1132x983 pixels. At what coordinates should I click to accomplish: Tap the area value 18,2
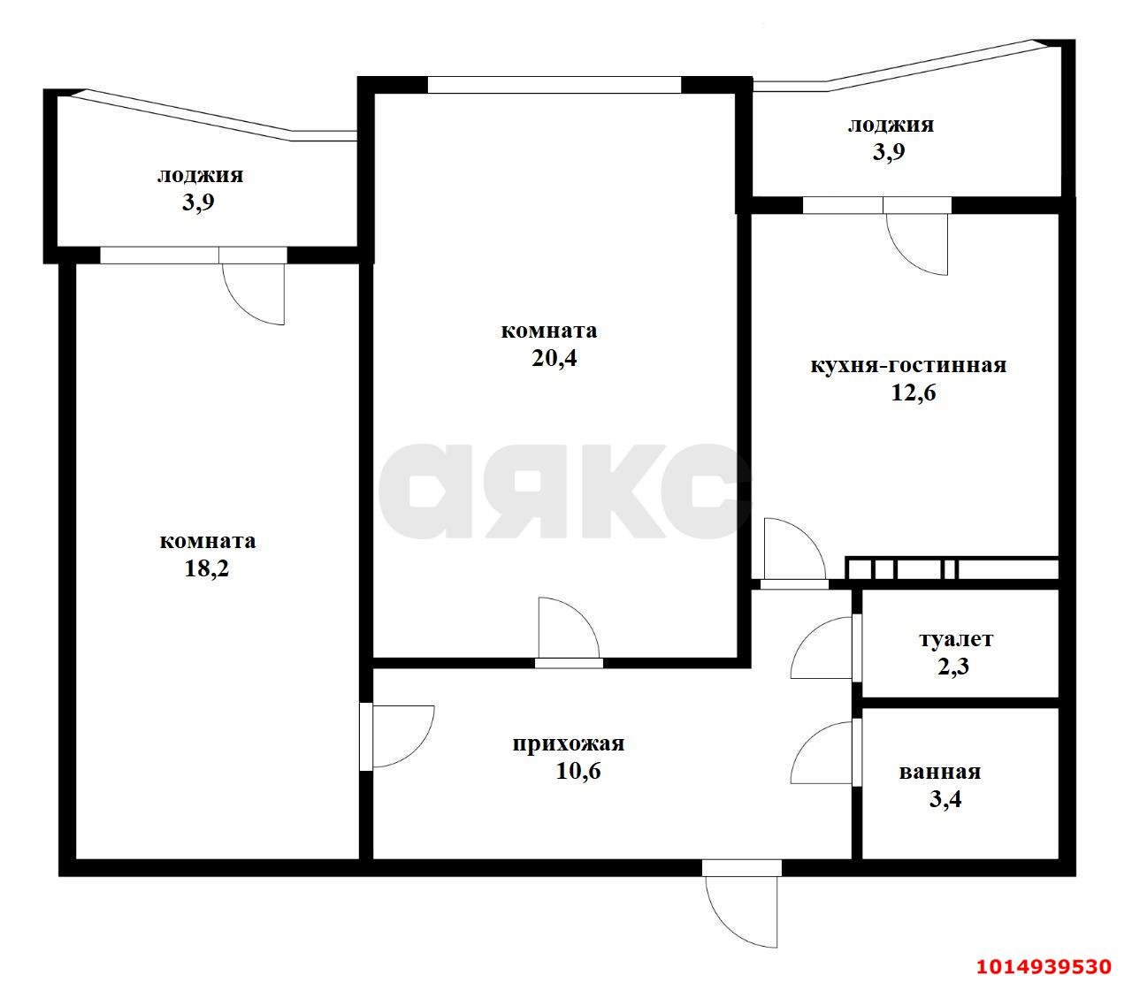click(x=207, y=568)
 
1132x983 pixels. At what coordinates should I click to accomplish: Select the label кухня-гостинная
click(x=908, y=365)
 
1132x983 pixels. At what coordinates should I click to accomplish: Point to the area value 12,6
click(x=912, y=392)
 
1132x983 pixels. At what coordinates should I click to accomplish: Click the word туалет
click(x=956, y=639)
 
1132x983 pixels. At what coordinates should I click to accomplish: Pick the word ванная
click(x=939, y=772)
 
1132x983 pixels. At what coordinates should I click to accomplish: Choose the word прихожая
click(x=568, y=743)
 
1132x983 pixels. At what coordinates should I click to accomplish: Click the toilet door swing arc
click(x=821, y=647)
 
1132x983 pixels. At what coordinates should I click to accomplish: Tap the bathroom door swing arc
click(x=821, y=753)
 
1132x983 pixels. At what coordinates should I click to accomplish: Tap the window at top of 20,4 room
click(x=555, y=85)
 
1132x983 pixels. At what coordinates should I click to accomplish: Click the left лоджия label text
click(x=200, y=175)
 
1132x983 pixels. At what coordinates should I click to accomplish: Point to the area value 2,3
click(x=953, y=667)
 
